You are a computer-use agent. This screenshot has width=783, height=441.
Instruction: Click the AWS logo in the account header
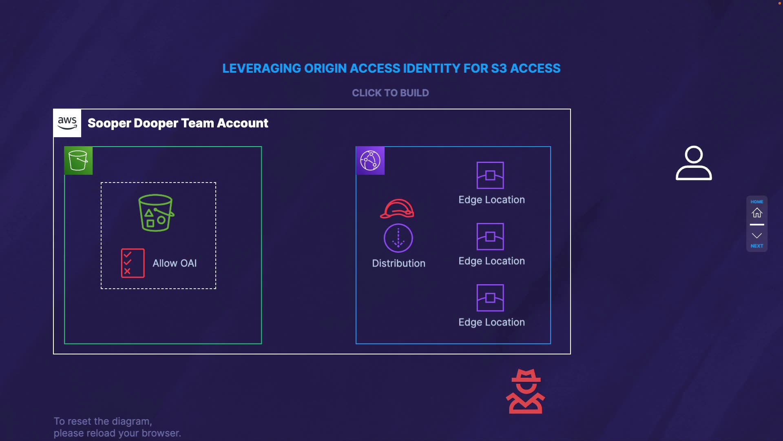tap(67, 123)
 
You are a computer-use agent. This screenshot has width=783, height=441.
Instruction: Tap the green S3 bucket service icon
tap(78, 160)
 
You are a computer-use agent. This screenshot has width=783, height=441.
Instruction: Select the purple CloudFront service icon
tap(370, 160)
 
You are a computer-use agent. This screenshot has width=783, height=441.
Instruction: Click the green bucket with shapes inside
tap(156, 213)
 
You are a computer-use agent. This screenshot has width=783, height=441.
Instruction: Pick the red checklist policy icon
tap(133, 263)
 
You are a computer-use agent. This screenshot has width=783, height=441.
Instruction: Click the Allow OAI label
tap(175, 263)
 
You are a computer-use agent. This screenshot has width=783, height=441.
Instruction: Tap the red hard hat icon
tap(397, 209)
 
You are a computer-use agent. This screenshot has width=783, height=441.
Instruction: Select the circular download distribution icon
tap(398, 238)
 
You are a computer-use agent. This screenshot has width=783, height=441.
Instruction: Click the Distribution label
tap(398, 263)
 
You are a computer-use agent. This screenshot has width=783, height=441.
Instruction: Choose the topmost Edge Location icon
tap(490, 175)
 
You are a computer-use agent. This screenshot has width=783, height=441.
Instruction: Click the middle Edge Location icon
tap(490, 236)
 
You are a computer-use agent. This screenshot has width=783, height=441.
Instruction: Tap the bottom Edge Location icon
tap(490, 298)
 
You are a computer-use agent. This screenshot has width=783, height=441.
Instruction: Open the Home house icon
tap(757, 212)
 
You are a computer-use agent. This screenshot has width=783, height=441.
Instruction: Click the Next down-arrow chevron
tap(757, 236)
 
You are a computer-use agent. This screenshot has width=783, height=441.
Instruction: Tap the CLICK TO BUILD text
tap(390, 93)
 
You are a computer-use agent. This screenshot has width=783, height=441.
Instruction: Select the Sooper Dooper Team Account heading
tap(178, 123)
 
